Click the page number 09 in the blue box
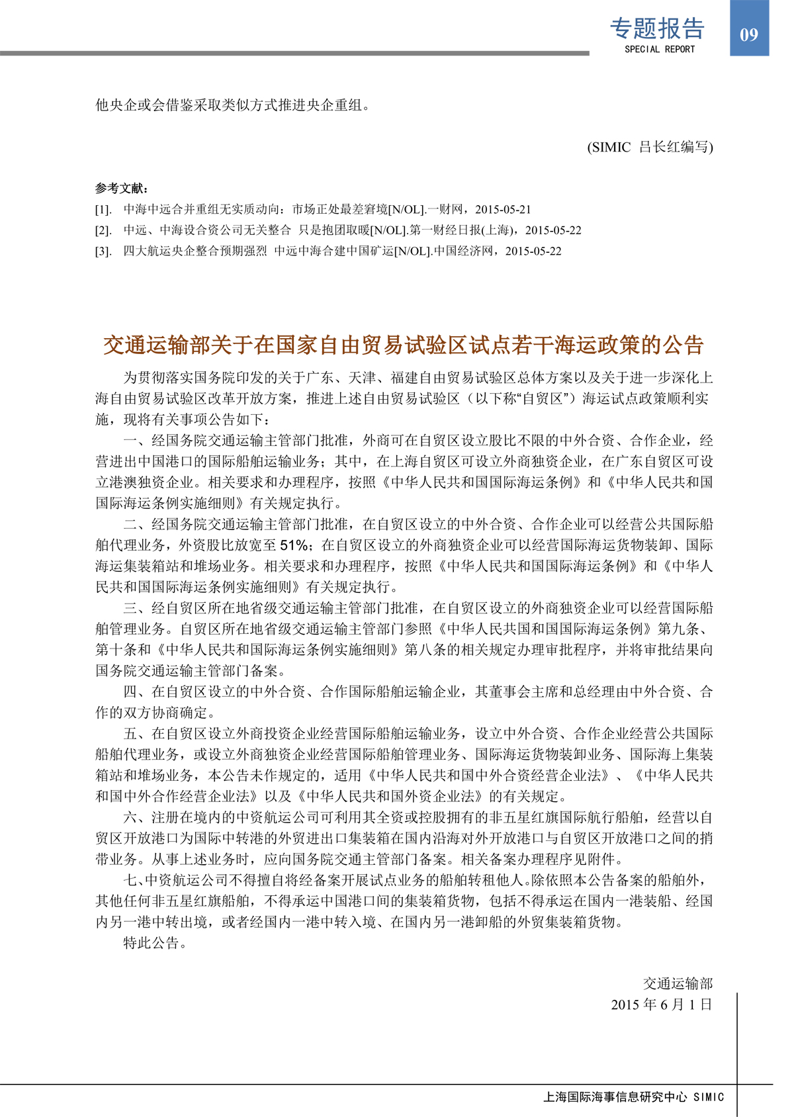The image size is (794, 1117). click(748, 34)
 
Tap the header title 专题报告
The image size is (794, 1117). click(657, 28)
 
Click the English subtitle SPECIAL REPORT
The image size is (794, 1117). click(660, 49)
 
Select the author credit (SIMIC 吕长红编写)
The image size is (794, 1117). click(650, 147)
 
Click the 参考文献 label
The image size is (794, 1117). click(122, 189)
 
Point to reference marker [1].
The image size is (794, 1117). click(103, 210)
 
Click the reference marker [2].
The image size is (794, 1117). click(103, 230)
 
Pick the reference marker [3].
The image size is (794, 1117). click(103, 251)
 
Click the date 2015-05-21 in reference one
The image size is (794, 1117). click(503, 210)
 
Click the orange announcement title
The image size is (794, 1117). click(403, 345)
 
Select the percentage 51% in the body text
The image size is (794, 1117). click(294, 545)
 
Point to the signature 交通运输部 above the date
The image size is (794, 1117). click(678, 984)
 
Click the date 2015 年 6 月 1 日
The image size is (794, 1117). click(661, 1005)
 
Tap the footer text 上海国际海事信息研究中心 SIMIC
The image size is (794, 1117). click(633, 1096)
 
